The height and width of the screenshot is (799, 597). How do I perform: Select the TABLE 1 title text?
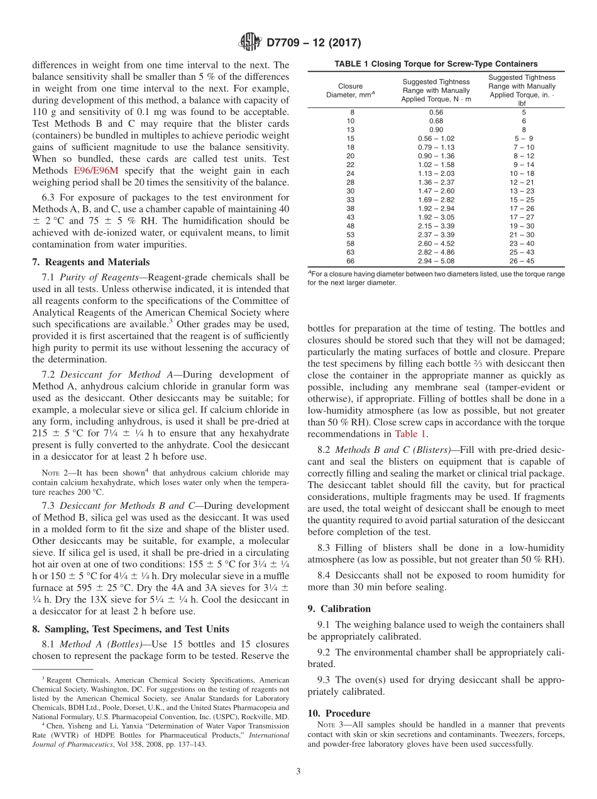coord(435,63)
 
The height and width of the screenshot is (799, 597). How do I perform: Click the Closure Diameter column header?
coord(350,90)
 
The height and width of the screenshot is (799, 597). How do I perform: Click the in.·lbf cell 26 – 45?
coord(522,261)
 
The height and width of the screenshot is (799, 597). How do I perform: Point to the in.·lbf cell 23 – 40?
coord(522,243)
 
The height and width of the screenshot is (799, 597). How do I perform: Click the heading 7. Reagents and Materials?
coord(90,262)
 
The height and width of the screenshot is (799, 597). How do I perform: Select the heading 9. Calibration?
coord(339,609)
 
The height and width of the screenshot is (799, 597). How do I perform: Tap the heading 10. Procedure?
coord(339,713)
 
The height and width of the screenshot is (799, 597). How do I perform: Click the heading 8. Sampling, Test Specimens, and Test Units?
coord(130,629)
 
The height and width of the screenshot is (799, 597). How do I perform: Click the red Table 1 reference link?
coord(411,434)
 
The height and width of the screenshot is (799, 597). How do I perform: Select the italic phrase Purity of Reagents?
coord(95,277)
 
